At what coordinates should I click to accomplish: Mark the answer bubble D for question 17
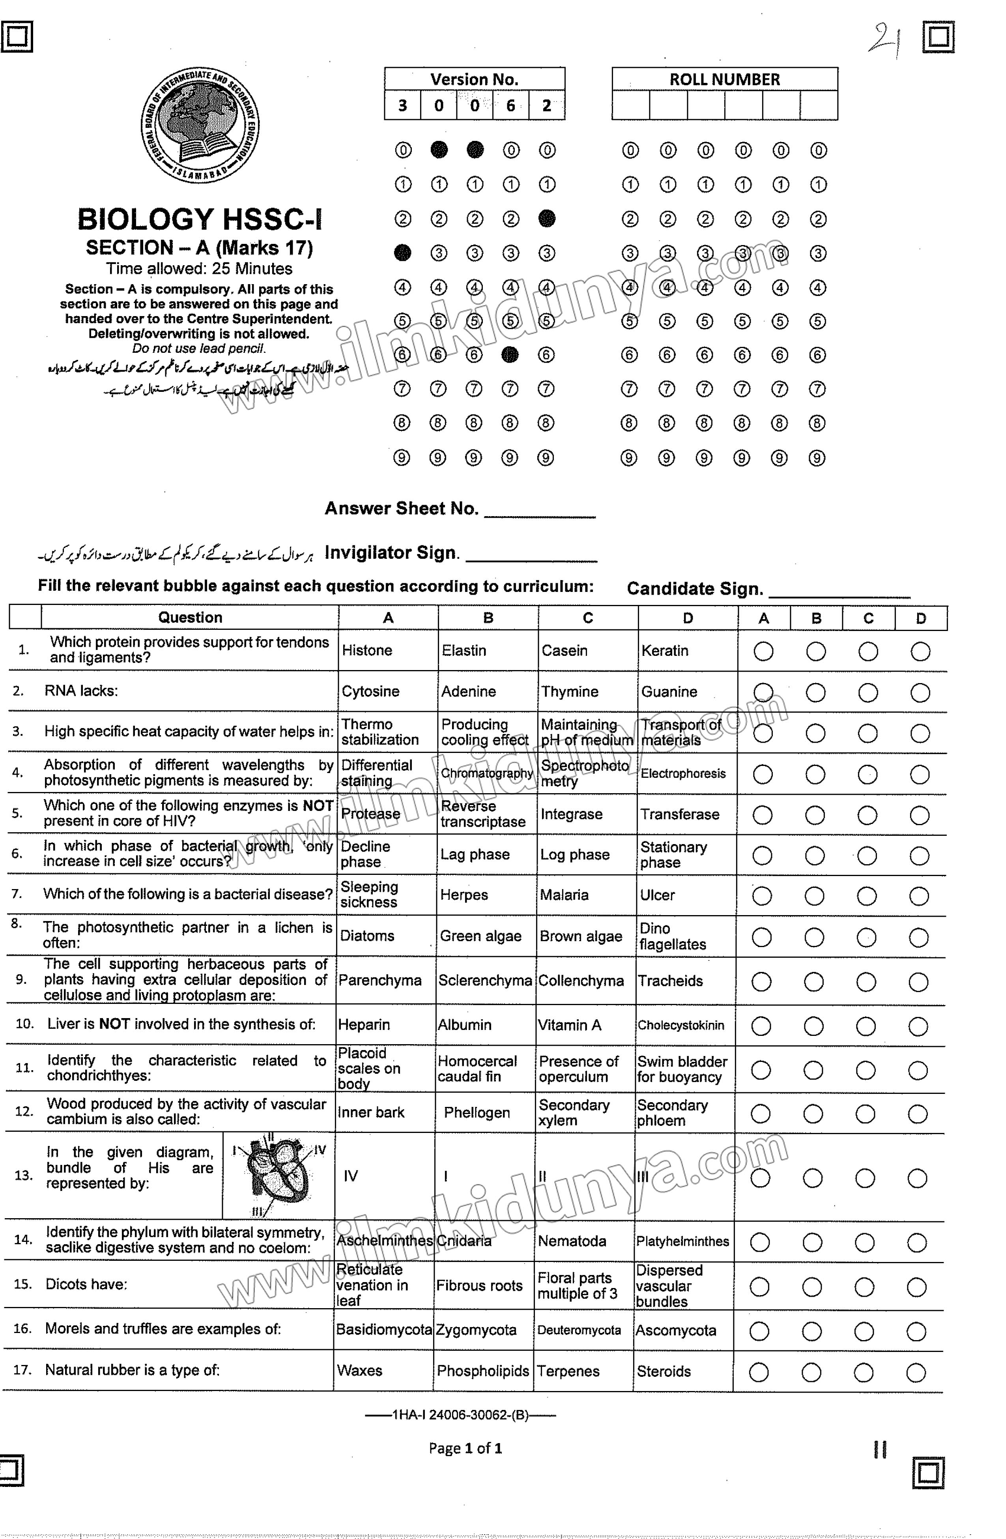916,1372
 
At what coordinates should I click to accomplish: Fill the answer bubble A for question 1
763,651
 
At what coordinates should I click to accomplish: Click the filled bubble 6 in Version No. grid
510,354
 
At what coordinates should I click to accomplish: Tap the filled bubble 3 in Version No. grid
402,253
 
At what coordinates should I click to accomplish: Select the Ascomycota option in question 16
676,1331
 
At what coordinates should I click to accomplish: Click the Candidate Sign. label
694,588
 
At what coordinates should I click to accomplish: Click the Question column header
190,618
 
